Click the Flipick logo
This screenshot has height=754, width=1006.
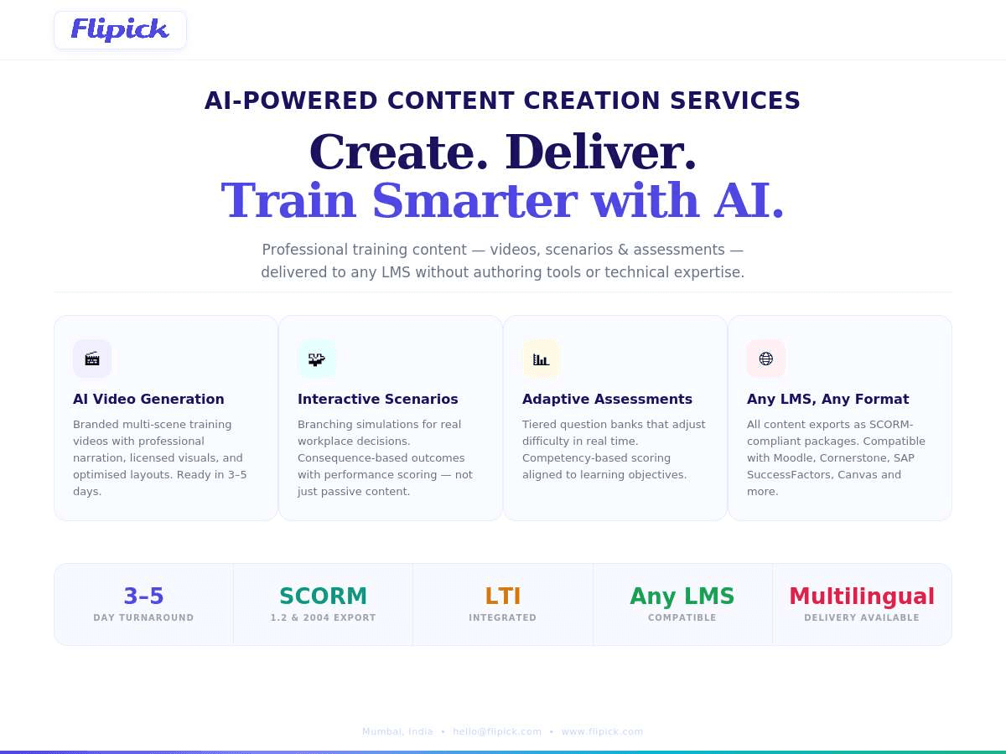[x=120, y=30]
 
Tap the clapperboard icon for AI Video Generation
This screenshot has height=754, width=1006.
[x=92, y=359]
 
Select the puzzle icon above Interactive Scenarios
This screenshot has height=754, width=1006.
[x=317, y=359]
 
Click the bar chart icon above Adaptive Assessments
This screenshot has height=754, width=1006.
[x=542, y=359]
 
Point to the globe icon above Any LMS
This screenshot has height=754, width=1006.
[x=766, y=359]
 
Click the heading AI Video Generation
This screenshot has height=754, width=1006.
[x=148, y=399]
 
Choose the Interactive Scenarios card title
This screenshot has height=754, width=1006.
[x=378, y=399]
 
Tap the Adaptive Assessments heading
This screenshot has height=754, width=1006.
[x=607, y=399]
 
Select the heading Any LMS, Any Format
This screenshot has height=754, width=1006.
[x=827, y=399]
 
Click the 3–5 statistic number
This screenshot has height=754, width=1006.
[x=143, y=596]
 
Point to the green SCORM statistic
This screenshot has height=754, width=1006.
[x=323, y=596]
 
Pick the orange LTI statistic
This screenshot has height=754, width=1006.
[x=503, y=596]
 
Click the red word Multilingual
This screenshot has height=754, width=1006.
[x=862, y=596]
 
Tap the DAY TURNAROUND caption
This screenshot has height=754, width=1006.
[x=143, y=618]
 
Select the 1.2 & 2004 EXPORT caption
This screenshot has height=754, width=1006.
[x=323, y=618]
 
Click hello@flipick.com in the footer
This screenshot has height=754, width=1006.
[x=497, y=731]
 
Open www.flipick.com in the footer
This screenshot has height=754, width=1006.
[x=602, y=731]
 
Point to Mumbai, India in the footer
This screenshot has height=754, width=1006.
[x=397, y=731]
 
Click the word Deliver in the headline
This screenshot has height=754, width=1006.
[x=600, y=152]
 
